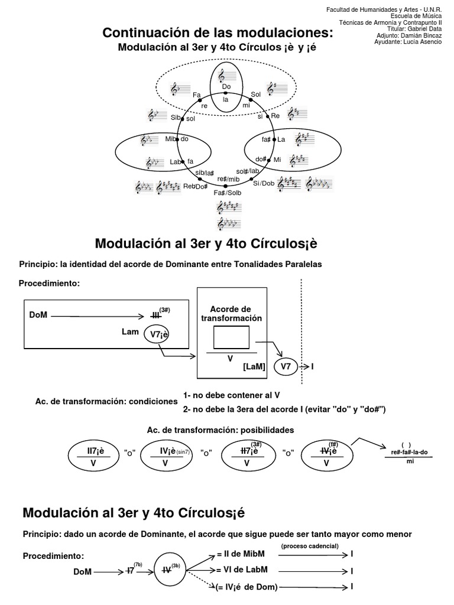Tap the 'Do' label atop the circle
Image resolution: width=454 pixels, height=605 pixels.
(226, 87)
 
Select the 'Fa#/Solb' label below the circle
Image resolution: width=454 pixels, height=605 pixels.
(228, 193)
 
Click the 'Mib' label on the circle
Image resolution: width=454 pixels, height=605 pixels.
(171, 139)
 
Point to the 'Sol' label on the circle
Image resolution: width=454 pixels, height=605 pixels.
(256, 94)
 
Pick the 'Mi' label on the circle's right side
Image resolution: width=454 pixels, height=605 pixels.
(277, 160)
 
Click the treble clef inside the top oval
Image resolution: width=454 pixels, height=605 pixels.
(222, 76)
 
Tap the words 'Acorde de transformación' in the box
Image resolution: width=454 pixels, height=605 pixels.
(231, 313)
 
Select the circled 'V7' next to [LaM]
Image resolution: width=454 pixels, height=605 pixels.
(286, 366)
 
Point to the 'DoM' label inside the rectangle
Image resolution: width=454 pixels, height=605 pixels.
(38, 315)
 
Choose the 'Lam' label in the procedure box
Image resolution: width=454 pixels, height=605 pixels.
(130, 333)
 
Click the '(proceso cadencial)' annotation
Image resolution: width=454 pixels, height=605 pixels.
(310, 545)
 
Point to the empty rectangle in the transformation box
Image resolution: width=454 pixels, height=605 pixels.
(231, 339)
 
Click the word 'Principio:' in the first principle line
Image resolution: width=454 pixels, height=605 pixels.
(37, 265)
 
